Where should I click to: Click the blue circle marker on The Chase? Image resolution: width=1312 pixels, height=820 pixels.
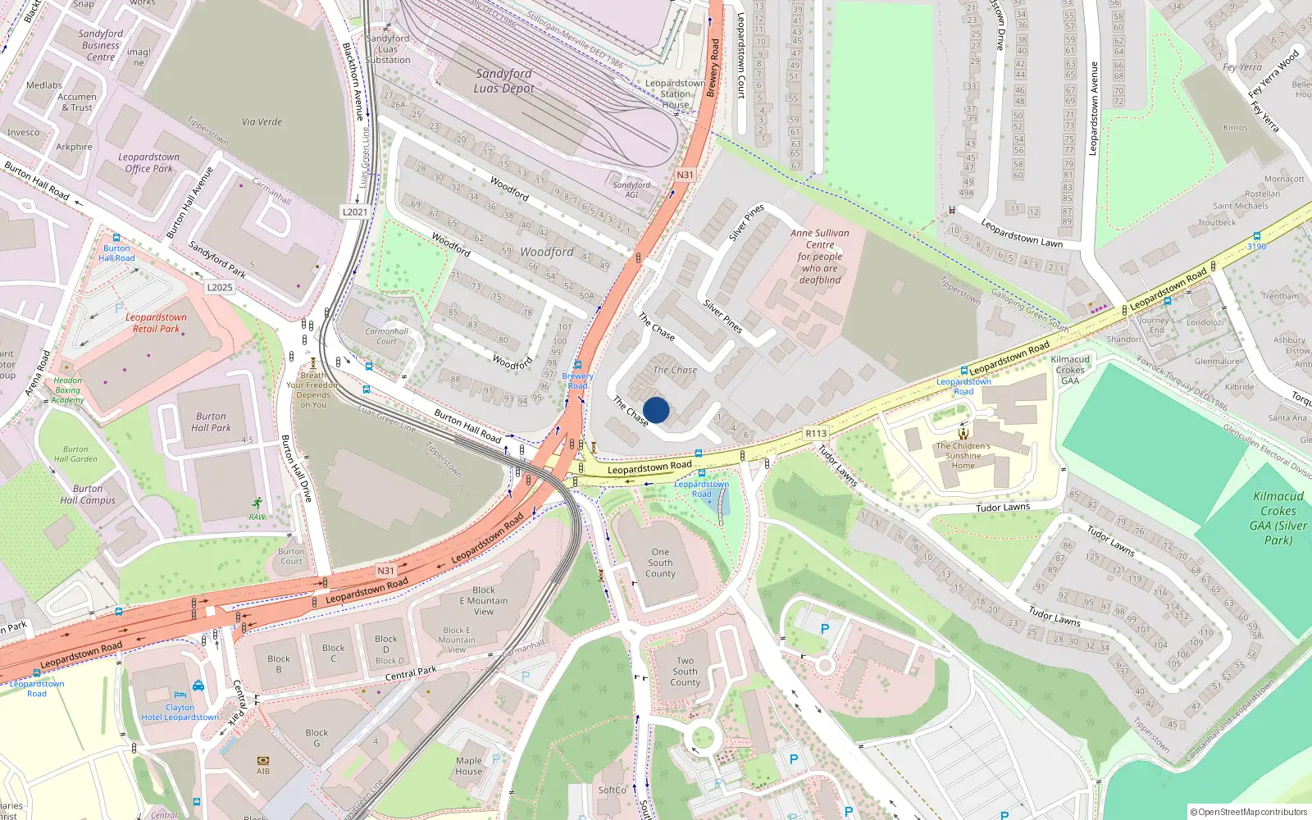click(656, 410)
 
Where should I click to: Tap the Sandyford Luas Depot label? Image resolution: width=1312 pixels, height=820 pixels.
click(503, 81)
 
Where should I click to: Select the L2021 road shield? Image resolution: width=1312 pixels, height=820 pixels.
click(354, 212)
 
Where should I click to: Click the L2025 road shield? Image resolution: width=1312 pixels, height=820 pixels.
click(220, 287)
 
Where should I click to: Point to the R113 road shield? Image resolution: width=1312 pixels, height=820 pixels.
click(816, 433)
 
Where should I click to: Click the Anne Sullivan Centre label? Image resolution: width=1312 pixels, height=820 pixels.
click(820, 256)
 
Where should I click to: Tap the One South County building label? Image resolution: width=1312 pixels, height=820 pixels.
click(660, 563)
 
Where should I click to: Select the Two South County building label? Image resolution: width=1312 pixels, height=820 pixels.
click(685, 672)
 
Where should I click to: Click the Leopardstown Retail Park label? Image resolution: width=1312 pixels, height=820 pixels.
click(156, 322)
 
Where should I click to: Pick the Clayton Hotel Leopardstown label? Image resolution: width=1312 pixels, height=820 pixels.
click(180, 712)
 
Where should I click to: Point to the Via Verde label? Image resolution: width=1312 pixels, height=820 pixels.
click(262, 122)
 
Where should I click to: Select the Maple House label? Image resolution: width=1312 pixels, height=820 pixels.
click(469, 766)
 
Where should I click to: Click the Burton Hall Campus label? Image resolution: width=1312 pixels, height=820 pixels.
click(88, 494)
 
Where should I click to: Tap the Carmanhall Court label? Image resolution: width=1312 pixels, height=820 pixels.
click(386, 336)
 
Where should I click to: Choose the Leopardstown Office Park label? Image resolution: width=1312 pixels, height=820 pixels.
click(148, 162)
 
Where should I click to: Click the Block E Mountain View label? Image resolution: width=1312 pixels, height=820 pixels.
click(484, 600)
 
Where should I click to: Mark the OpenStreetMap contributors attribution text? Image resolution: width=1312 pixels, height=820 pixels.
click(1248, 812)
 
